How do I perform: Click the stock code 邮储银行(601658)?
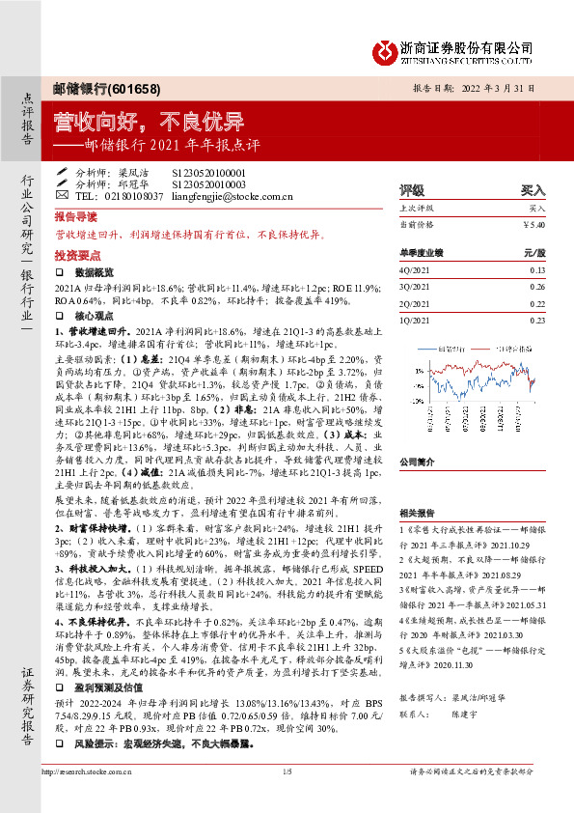(x=93, y=88)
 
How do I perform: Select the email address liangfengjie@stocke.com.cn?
(x=232, y=196)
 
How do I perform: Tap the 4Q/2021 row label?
(x=414, y=270)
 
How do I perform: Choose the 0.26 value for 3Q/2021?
(x=537, y=287)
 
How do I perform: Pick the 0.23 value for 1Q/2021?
(x=537, y=320)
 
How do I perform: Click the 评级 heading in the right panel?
(x=412, y=191)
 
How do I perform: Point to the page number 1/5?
(x=287, y=799)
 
